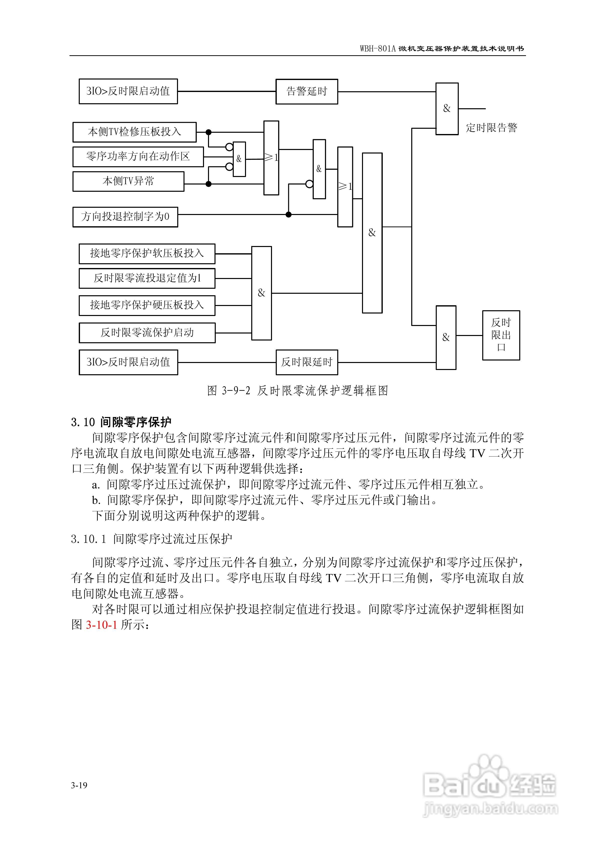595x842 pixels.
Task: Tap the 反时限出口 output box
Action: point(501,335)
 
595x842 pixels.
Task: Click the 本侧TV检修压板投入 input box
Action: point(134,132)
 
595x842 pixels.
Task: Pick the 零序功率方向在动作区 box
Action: point(138,156)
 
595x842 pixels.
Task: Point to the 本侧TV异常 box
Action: point(128,181)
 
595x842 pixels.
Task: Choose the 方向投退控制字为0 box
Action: point(125,217)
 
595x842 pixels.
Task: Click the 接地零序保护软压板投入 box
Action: point(147,253)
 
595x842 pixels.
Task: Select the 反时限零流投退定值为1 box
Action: point(147,278)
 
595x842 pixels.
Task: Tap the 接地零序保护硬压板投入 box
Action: point(147,305)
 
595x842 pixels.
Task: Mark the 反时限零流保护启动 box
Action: point(147,332)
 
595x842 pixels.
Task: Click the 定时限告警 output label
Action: point(491,127)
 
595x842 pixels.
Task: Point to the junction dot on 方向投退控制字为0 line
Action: point(289,214)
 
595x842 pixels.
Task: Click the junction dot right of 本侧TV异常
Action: point(208,184)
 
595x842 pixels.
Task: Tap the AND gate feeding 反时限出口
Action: point(446,337)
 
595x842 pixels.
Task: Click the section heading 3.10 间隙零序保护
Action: point(121,422)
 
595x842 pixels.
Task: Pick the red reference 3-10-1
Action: point(101,624)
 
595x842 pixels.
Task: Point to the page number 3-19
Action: point(79,785)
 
